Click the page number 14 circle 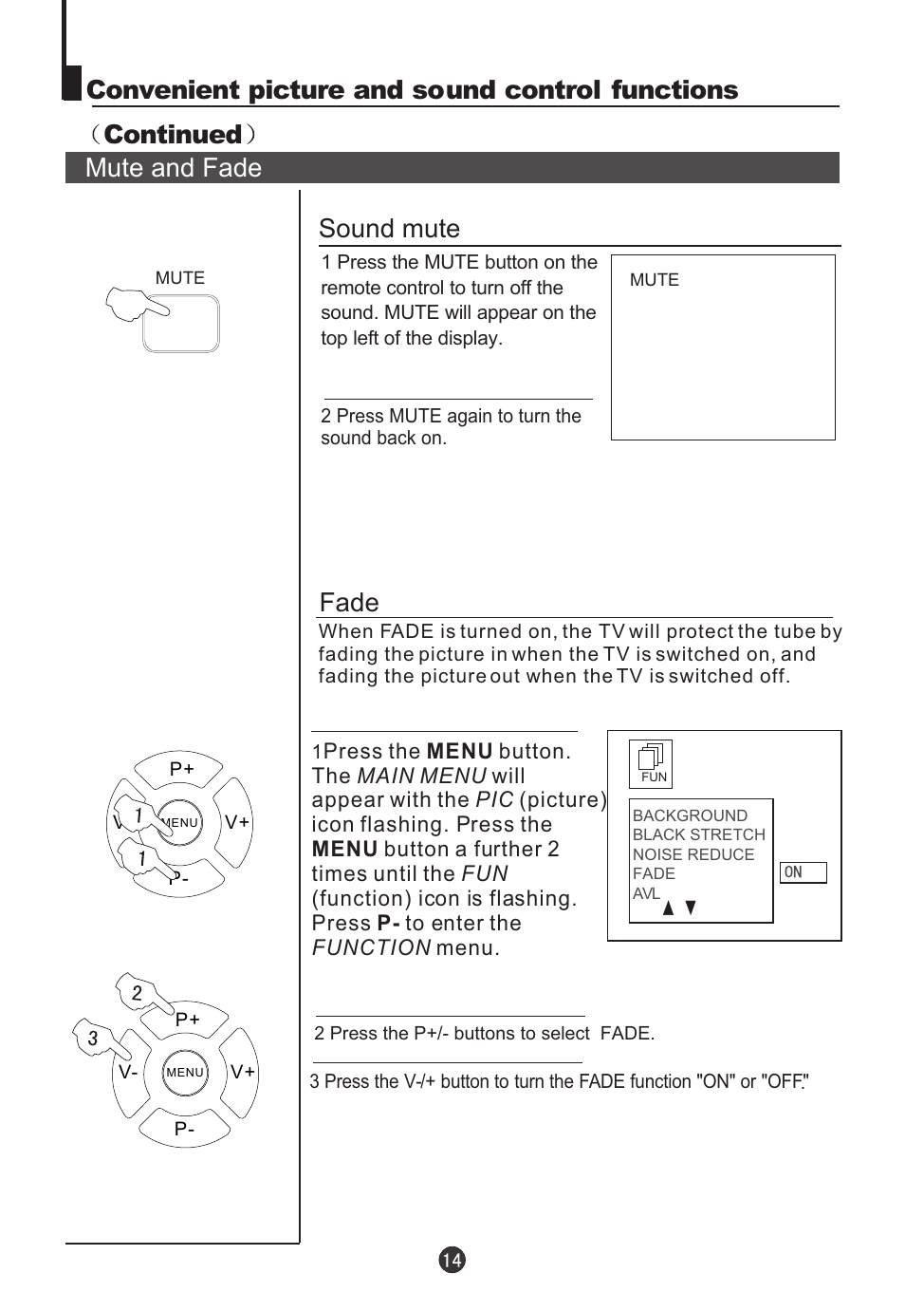(452, 1260)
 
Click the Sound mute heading (389, 229)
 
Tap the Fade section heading (349, 603)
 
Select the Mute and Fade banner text (174, 168)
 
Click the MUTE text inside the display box (655, 280)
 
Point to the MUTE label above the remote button (179, 278)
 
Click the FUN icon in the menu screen (651, 763)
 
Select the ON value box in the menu (803, 872)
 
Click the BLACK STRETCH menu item (698, 834)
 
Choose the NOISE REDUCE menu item (693, 854)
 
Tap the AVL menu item (646, 893)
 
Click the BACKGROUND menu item (690, 815)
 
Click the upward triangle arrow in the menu (669, 908)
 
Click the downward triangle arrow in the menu (691, 908)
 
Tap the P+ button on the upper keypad (182, 769)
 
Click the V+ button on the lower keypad (243, 1072)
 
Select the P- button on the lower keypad (184, 1129)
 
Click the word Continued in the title (173, 134)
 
